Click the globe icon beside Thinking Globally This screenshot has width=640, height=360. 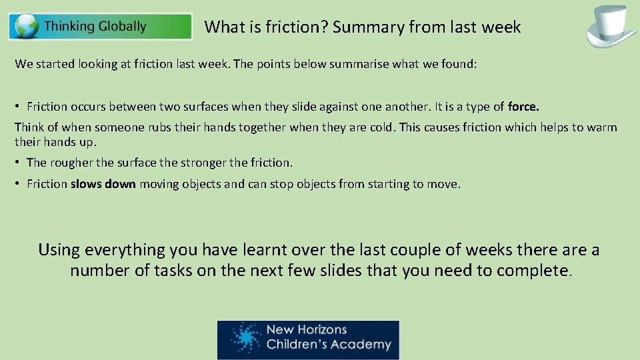27,27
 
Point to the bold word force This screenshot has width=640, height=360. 523,107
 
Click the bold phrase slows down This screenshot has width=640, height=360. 103,184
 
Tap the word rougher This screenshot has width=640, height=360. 69,163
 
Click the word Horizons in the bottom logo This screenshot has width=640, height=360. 316,330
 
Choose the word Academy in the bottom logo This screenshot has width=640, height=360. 364,345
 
